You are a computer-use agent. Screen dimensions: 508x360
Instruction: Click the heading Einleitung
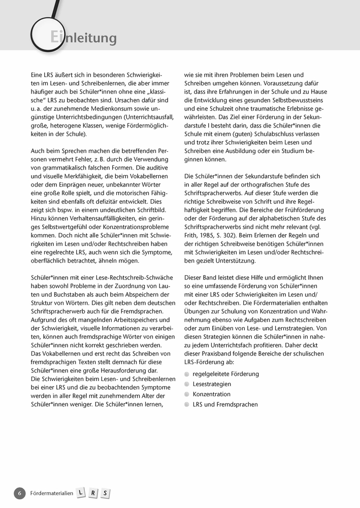point(84,38)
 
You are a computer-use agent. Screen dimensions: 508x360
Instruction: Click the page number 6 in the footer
point(19,493)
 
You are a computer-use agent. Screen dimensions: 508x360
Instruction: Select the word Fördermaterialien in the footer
point(52,493)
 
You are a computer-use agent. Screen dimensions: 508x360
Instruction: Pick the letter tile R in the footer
point(93,493)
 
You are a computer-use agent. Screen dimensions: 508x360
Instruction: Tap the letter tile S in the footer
point(105,493)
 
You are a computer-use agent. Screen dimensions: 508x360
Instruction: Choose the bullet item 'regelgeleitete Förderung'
point(225,374)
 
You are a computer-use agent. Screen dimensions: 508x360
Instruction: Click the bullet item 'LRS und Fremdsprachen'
point(225,404)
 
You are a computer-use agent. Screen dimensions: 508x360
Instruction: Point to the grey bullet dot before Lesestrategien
point(187,384)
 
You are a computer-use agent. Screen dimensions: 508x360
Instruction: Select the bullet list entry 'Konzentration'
point(211,394)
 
